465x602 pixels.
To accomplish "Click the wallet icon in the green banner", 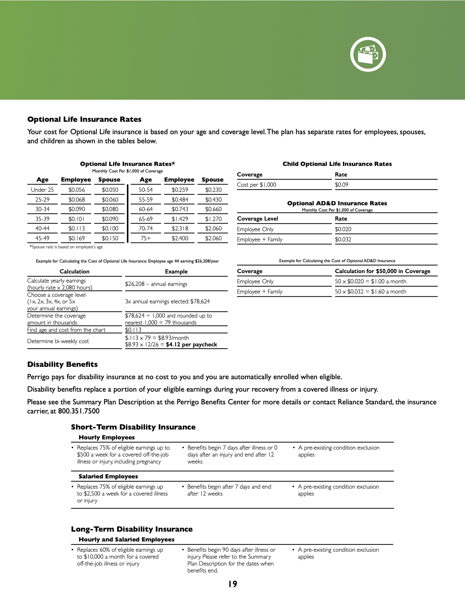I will click(x=368, y=54).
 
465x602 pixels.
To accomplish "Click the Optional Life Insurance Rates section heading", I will click(x=84, y=120).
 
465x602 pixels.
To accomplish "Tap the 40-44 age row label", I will click(x=42, y=229).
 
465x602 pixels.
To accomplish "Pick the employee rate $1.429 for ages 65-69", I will click(x=180, y=219).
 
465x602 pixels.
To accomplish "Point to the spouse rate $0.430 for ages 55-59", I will click(x=213, y=200).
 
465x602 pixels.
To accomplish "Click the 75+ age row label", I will click(x=146, y=238).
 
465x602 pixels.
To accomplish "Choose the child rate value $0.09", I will click(x=342, y=185).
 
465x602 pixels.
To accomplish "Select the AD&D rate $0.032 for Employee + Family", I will click(x=343, y=240).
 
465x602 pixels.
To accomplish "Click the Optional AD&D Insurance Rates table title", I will click(x=337, y=203).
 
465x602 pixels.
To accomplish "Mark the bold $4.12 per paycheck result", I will click(x=191, y=345).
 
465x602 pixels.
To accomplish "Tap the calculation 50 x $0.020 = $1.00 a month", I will click(x=371, y=281).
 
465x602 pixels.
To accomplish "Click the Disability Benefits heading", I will click(x=62, y=365).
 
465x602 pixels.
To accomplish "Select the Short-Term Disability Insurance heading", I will click(x=133, y=427).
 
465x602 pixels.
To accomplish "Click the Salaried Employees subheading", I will click(x=108, y=477).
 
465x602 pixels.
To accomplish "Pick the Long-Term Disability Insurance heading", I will click(x=132, y=529).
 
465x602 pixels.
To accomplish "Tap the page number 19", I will click(x=233, y=584).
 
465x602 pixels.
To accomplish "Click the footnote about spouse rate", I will click(x=66, y=247).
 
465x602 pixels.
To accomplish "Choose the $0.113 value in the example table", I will click(x=133, y=330).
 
